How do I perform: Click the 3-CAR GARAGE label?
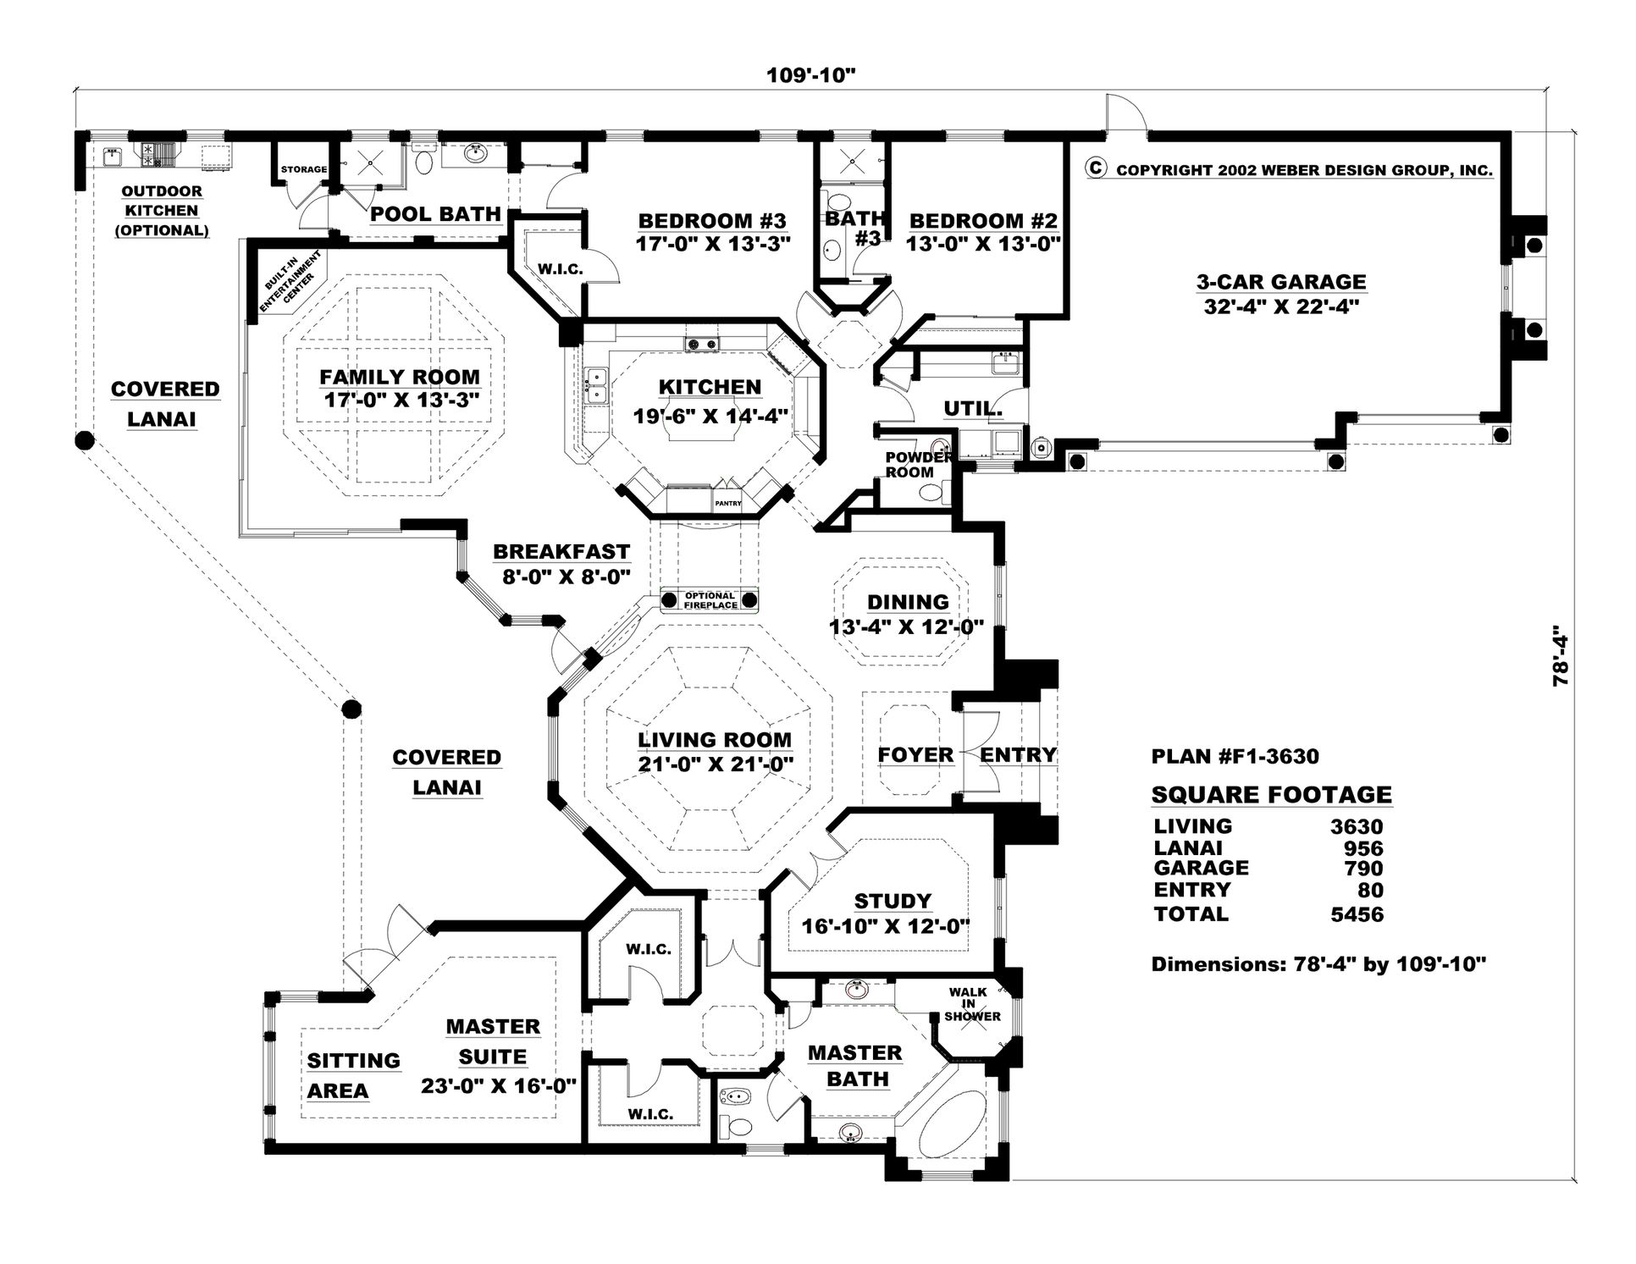point(1280,282)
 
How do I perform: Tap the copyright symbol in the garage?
point(1095,168)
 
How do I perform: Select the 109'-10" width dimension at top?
point(811,75)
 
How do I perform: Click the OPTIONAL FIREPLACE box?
point(710,600)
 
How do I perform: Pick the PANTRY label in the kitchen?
point(727,504)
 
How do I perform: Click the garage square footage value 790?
point(1363,869)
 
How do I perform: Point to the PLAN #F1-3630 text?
point(1235,757)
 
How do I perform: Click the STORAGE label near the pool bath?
point(304,169)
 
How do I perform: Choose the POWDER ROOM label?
point(909,464)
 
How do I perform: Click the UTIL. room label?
point(973,410)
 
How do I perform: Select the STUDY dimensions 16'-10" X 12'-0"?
point(885,925)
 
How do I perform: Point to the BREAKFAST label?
point(561,552)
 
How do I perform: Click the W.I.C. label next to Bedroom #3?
point(560,269)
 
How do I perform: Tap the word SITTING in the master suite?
point(353,1061)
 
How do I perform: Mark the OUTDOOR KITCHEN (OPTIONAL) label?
point(161,211)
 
